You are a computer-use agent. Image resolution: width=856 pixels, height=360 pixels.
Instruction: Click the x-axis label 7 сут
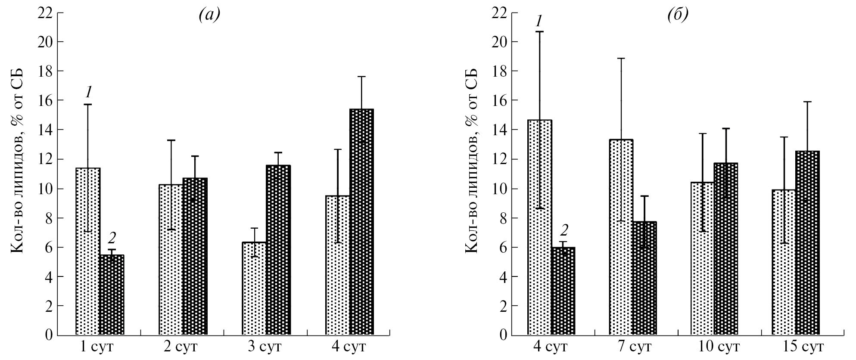click(632, 347)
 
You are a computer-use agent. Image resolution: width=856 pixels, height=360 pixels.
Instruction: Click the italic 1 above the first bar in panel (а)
click(88, 92)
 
